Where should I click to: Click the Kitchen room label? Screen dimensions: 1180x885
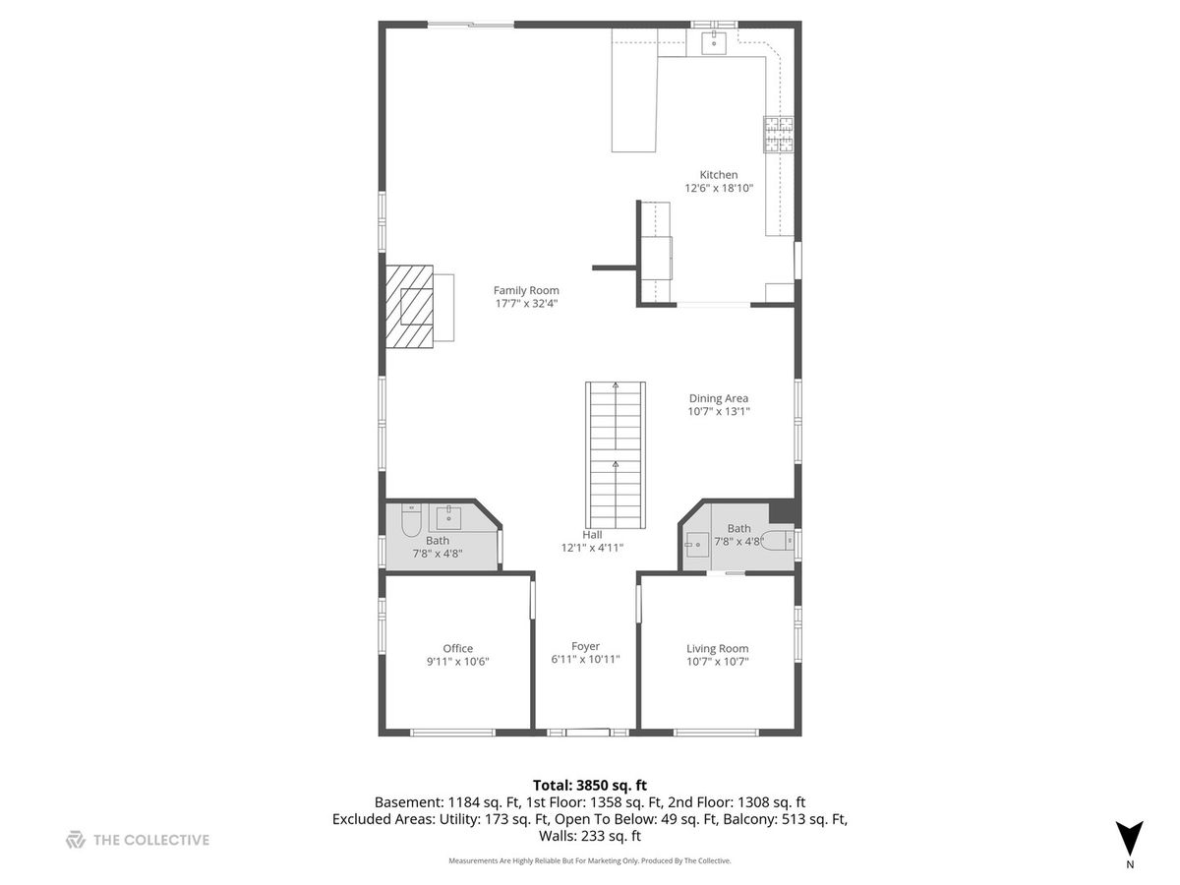pos(718,175)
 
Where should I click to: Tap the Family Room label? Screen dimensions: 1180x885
pos(526,290)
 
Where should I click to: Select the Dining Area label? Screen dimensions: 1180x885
pos(718,398)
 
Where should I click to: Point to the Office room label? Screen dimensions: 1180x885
pos(457,649)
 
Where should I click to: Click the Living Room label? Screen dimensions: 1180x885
pos(717,649)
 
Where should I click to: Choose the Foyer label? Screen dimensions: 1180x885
pos(585,646)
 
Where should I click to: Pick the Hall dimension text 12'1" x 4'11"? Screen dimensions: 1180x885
pos(592,548)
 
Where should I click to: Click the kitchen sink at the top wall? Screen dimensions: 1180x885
pos(713,43)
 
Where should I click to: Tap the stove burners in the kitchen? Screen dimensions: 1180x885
pos(779,135)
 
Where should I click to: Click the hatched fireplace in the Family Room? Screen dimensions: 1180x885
pos(409,306)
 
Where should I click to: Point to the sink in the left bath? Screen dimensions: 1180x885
pos(448,517)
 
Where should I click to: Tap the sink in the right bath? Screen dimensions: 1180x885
pos(698,545)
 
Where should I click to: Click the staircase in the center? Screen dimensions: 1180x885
pos(615,455)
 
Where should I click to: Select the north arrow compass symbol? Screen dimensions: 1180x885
pos(1129,840)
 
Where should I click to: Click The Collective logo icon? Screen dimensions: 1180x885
pos(76,840)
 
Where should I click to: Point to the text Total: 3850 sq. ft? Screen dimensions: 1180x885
pos(590,785)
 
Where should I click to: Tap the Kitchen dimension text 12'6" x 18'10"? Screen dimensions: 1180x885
pos(718,188)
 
